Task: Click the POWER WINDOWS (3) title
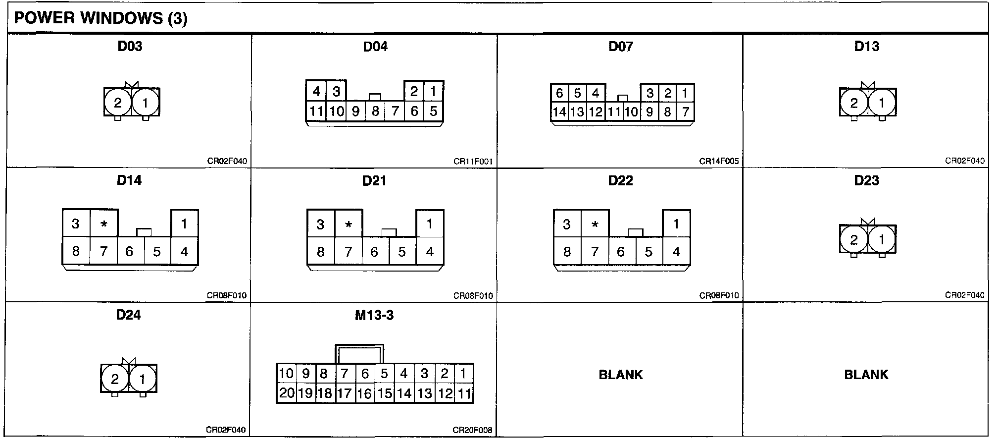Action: click(100, 18)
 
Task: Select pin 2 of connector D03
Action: click(117, 103)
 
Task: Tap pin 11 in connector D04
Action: click(316, 111)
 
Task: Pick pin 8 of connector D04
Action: click(375, 111)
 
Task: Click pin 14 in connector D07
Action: click(559, 112)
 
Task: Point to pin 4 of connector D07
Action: click(596, 93)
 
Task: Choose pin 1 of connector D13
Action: click(882, 103)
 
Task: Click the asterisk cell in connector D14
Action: click(104, 224)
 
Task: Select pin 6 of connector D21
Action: click(374, 252)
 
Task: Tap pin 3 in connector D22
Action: click(567, 224)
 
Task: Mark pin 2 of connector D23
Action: click(854, 240)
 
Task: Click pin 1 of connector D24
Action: click(143, 379)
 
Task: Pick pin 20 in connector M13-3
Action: click(287, 393)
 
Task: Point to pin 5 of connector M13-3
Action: click(384, 374)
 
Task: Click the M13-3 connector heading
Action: click(374, 315)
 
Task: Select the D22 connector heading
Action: click(620, 180)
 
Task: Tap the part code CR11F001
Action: click(473, 162)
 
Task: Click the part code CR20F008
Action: click(472, 430)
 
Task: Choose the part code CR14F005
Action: click(719, 162)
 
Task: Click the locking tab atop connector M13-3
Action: click(359, 354)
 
